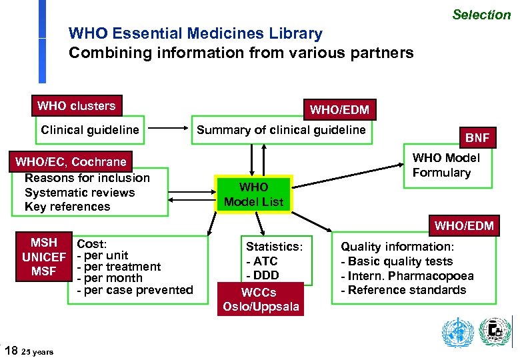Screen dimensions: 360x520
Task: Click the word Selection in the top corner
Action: click(x=481, y=15)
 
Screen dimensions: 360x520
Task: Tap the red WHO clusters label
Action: click(x=76, y=106)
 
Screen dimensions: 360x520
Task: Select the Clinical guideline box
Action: click(x=90, y=130)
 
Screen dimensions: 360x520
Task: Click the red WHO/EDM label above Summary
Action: click(x=339, y=109)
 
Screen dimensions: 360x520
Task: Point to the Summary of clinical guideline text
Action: click(x=281, y=130)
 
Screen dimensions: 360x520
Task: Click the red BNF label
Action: click(x=477, y=138)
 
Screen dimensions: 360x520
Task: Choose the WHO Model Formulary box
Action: click(x=446, y=165)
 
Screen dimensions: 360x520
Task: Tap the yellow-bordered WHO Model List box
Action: click(x=253, y=195)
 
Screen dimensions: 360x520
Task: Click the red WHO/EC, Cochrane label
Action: click(x=71, y=162)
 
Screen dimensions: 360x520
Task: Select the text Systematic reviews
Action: click(x=79, y=193)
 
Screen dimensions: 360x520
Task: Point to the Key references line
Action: click(x=67, y=207)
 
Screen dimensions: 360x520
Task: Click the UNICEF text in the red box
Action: click(x=44, y=257)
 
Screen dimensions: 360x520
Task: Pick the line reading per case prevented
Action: click(x=135, y=290)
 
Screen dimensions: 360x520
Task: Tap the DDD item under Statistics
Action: click(x=263, y=275)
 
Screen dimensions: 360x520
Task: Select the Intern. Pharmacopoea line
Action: click(x=407, y=276)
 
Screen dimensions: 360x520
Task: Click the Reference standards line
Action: click(x=403, y=290)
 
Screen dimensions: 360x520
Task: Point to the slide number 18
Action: click(x=11, y=350)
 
